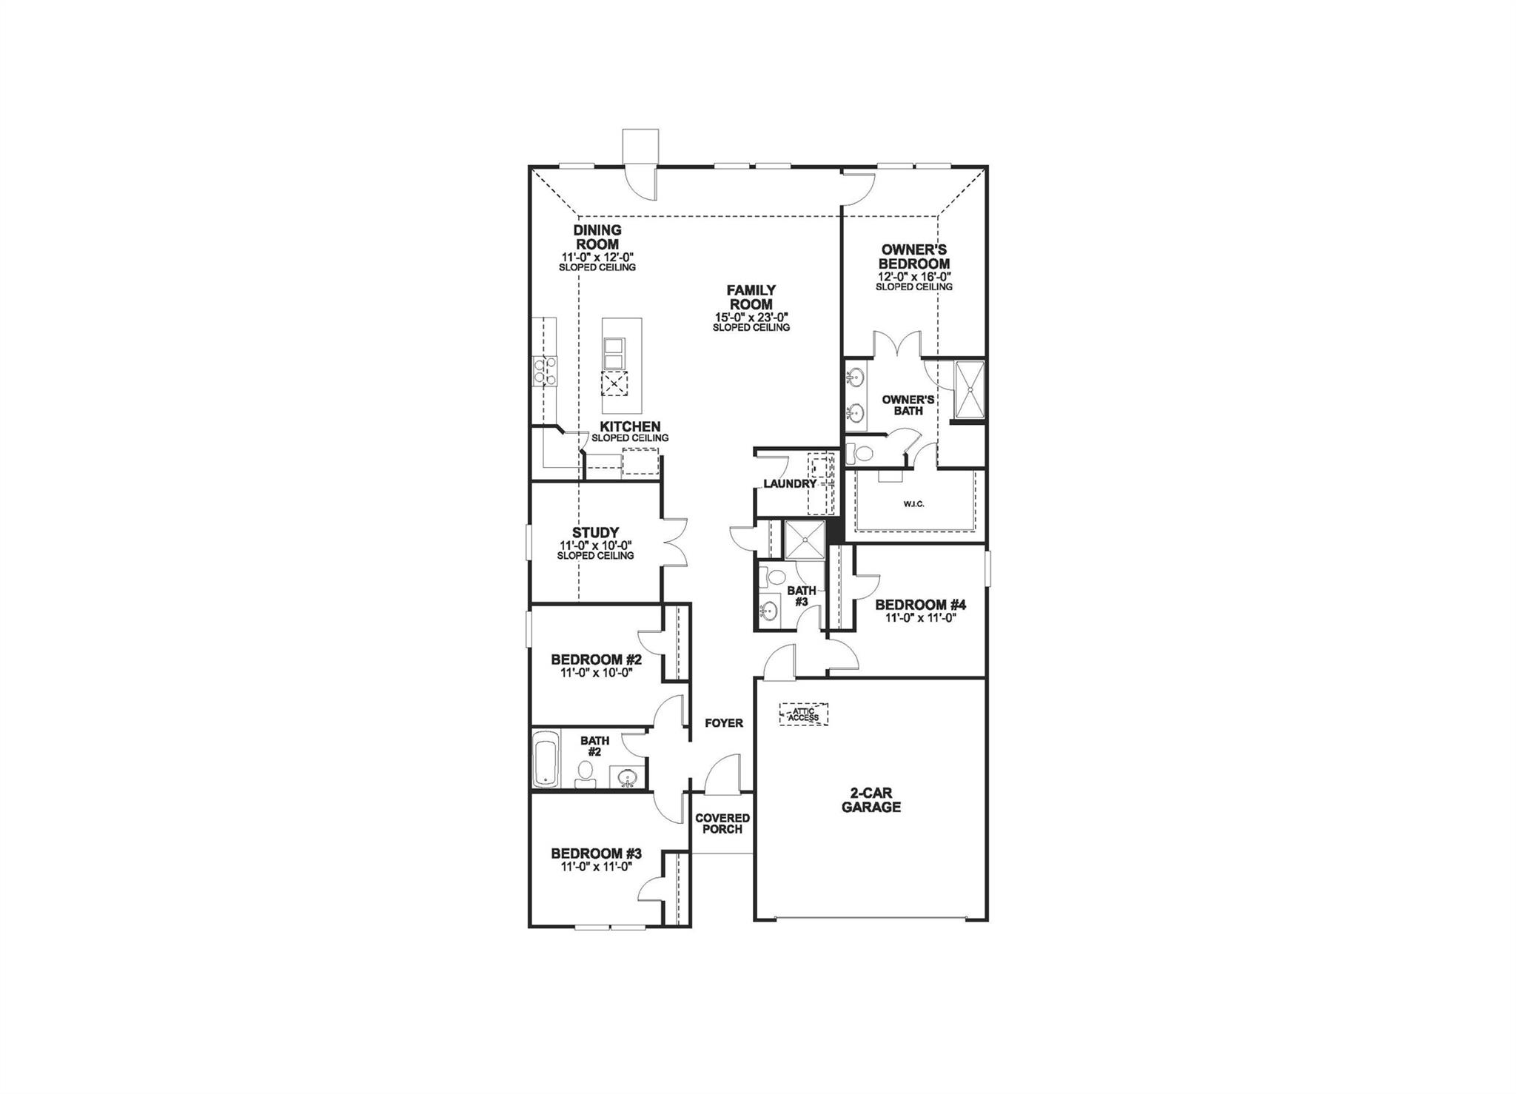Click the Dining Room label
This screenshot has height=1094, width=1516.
[597, 237]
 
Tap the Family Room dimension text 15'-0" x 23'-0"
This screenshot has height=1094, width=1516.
[751, 318]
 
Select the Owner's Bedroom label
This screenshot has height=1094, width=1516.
[913, 257]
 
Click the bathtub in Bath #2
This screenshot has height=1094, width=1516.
[546, 760]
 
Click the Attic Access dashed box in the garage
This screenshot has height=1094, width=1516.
[803, 714]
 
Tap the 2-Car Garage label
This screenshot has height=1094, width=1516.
[871, 800]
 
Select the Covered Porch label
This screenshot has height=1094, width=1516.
[722, 824]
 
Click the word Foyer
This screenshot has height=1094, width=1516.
[723, 723]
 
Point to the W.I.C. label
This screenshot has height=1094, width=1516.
[913, 504]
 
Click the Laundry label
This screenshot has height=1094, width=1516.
[789, 484]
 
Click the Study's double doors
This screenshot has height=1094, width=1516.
[674, 542]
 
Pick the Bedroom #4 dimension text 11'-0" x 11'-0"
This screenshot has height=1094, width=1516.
[920, 618]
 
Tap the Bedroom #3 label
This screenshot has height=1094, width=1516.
[596, 853]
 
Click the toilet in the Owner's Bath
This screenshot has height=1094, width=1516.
[860, 452]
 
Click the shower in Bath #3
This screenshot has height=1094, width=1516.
[803, 539]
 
